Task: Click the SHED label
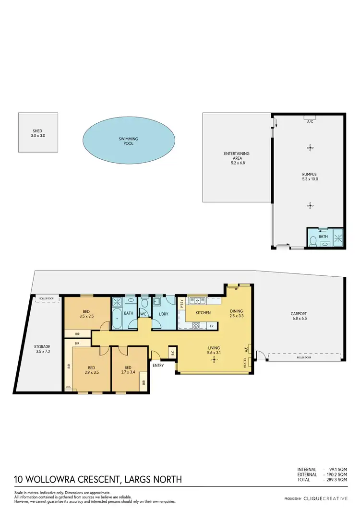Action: pos(37,133)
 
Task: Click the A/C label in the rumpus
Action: pos(310,122)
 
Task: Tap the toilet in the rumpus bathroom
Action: pos(312,240)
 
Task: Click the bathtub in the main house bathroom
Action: pos(117,319)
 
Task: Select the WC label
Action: pos(143,314)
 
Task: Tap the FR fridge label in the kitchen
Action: pos(211,326)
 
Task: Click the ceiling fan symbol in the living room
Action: pos(210,357)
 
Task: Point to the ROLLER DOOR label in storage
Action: pos(47,299)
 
